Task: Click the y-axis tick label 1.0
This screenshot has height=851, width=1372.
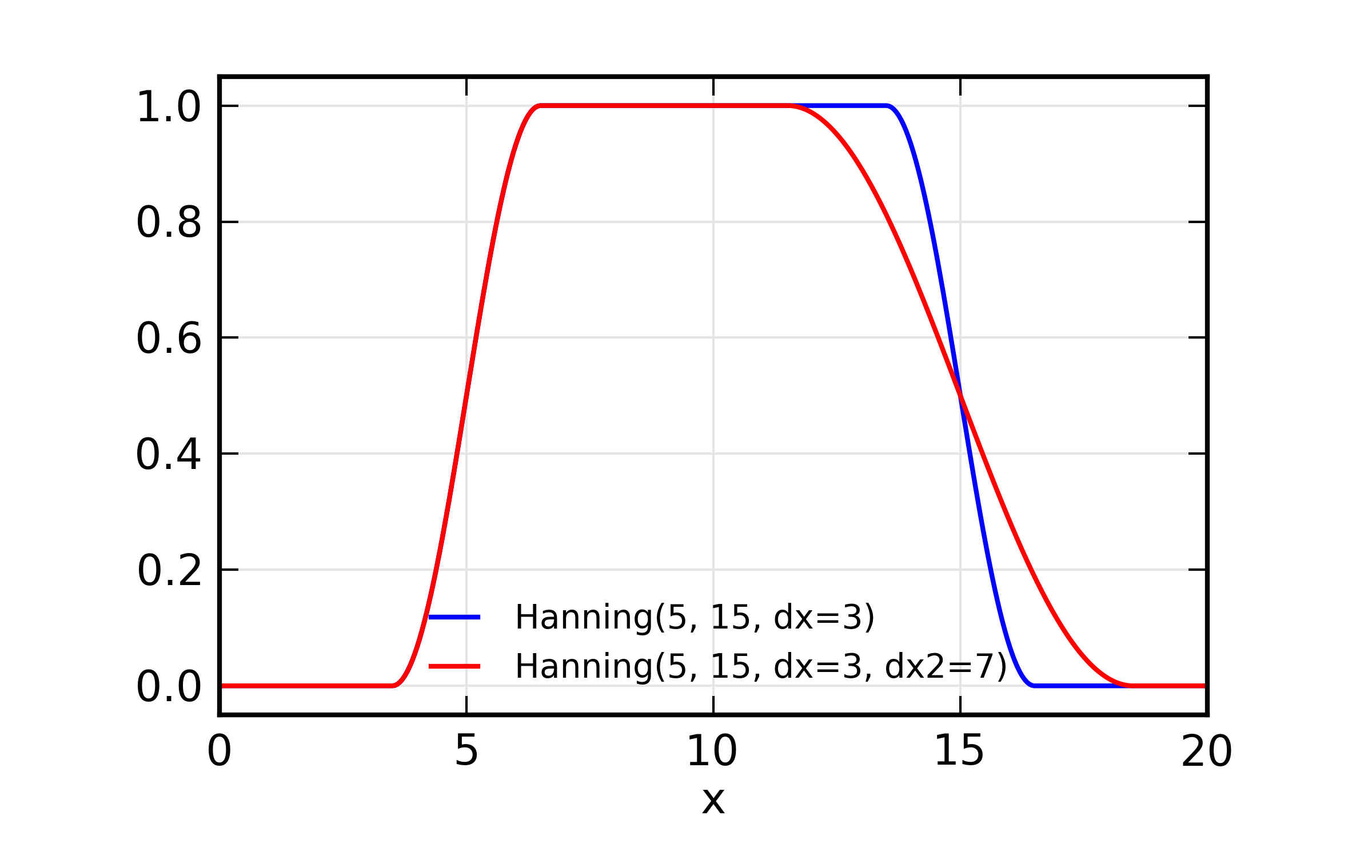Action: tap(169, 107)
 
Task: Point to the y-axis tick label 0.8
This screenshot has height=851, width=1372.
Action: tap(169, 222)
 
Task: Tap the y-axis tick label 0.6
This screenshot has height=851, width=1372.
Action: tap(169, 339)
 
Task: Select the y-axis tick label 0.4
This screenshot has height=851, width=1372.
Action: tap(169, 455)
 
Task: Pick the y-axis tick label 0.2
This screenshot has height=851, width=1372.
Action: tap(170, 571)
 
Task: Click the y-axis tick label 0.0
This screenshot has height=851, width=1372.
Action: tap(169, 687)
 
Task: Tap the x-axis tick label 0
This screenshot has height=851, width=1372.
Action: tap(220, 751)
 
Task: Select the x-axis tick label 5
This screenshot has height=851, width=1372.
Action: tap(466, 751)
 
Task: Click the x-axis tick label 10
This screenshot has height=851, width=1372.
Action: tap(712, 751)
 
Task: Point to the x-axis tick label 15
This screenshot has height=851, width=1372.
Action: tap(959, 751)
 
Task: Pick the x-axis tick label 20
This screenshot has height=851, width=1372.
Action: tap(1206, 751)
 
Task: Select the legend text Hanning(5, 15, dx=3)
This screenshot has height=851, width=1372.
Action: tap(695, 618)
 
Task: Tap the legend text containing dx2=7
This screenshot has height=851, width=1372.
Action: tap(760, 667)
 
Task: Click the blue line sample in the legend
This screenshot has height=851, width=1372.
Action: tap(455, 617)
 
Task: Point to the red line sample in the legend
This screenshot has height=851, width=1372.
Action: tap(455, 666)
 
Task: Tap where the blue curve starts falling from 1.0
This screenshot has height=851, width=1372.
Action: tap(886, 106)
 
